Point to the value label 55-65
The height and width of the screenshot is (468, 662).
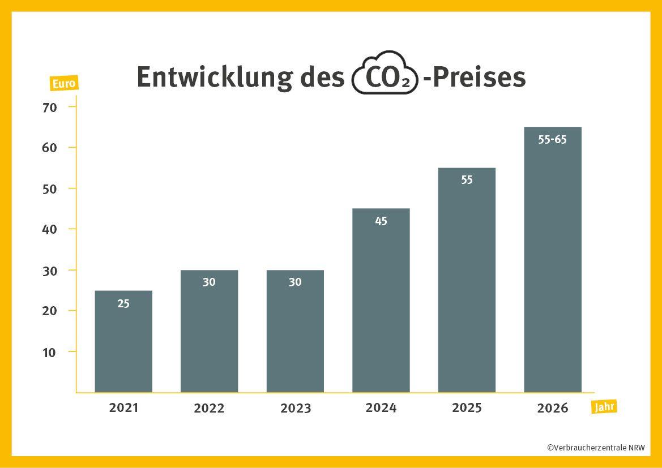[553, 140]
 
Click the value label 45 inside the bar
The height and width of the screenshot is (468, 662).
[381, 221]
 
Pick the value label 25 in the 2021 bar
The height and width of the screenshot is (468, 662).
[123, 303]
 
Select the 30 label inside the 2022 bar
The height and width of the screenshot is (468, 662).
[209, 282]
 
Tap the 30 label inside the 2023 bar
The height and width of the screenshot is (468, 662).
[295, 282]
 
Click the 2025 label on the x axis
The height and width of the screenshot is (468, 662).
[467, 407]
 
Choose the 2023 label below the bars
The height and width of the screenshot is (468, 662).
[295, 408]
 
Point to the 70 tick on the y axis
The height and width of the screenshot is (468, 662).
[50, 107]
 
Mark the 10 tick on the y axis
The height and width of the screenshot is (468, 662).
[50, 352]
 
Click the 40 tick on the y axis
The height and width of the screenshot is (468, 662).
[50, 229]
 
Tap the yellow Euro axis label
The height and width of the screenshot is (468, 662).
[64, 84]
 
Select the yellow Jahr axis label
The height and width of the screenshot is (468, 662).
[604, 407]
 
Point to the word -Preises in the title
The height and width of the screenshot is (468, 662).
[475, 77]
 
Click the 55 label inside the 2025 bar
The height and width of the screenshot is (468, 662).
[467, 181]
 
